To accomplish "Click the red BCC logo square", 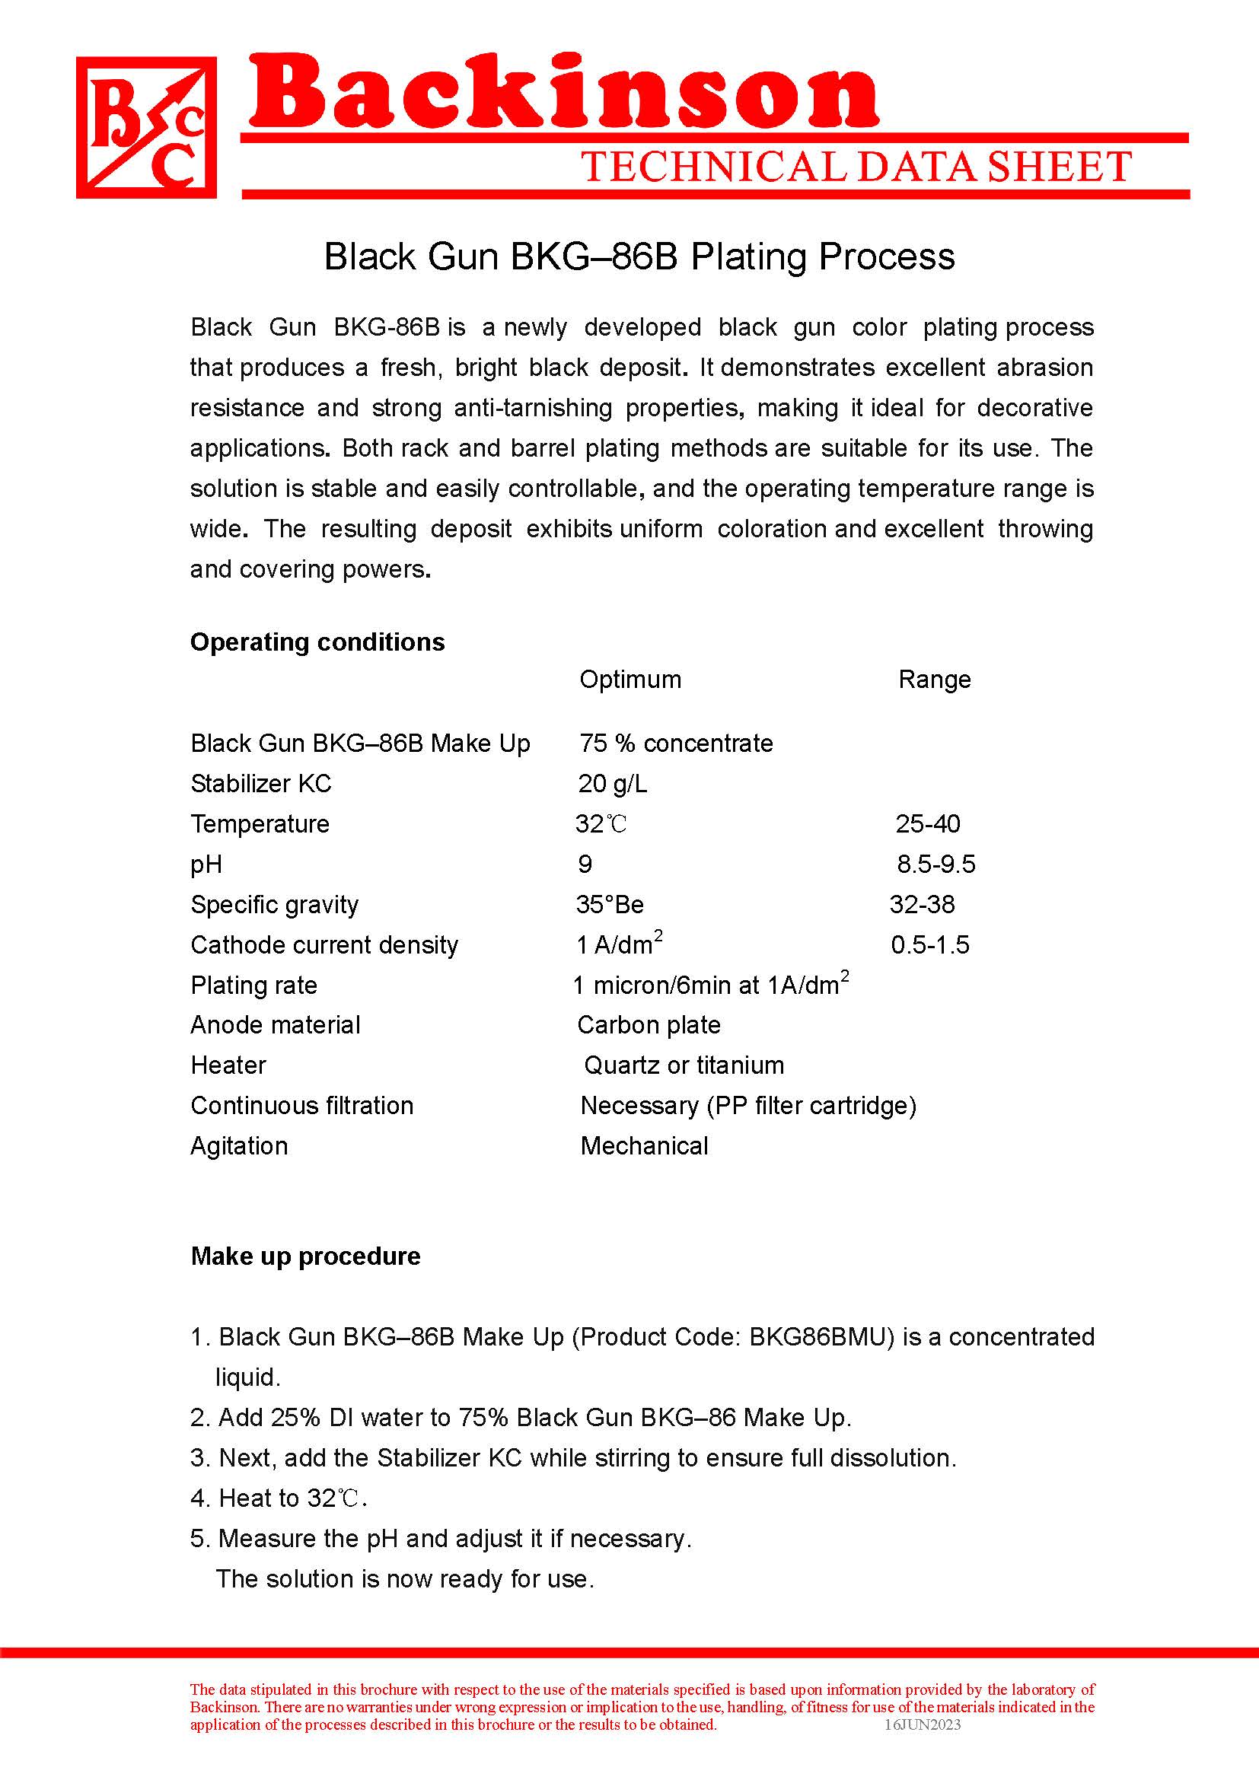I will click(x=145, y=128).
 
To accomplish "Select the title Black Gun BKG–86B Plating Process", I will click(x=639, y=256).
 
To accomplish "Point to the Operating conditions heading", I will click(x=317, y=642).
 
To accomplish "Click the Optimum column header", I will click(x=629, y=679).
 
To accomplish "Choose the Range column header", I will click(x=934, y=679).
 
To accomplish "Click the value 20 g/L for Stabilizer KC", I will click(x=613, y=784).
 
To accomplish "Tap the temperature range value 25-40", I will click(x=927, y=823).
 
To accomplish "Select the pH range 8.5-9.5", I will click(x=935, y=864).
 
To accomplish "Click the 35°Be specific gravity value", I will click(x=610, y=904).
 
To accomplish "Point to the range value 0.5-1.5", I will click(x=929, y=944).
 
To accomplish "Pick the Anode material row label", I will click(x=276, y=1025).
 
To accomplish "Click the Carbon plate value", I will click(x=649, y=1025).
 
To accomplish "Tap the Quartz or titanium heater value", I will click(x=684, y=1065).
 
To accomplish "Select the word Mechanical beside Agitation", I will click(x=644, y=1146).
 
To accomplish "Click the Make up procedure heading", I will click(x=305, y=1256).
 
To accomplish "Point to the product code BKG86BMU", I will click(x=817, y=1336).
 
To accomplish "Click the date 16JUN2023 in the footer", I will click(x=923, y=1724).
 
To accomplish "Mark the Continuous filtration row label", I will click(x=301, y=1106).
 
